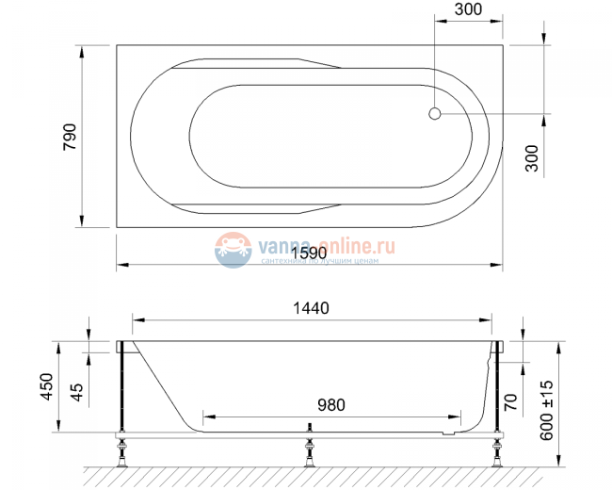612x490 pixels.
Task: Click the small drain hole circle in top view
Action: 434,114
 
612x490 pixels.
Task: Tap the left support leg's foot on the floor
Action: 121,462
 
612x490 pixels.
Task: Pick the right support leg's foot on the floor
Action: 495,462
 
